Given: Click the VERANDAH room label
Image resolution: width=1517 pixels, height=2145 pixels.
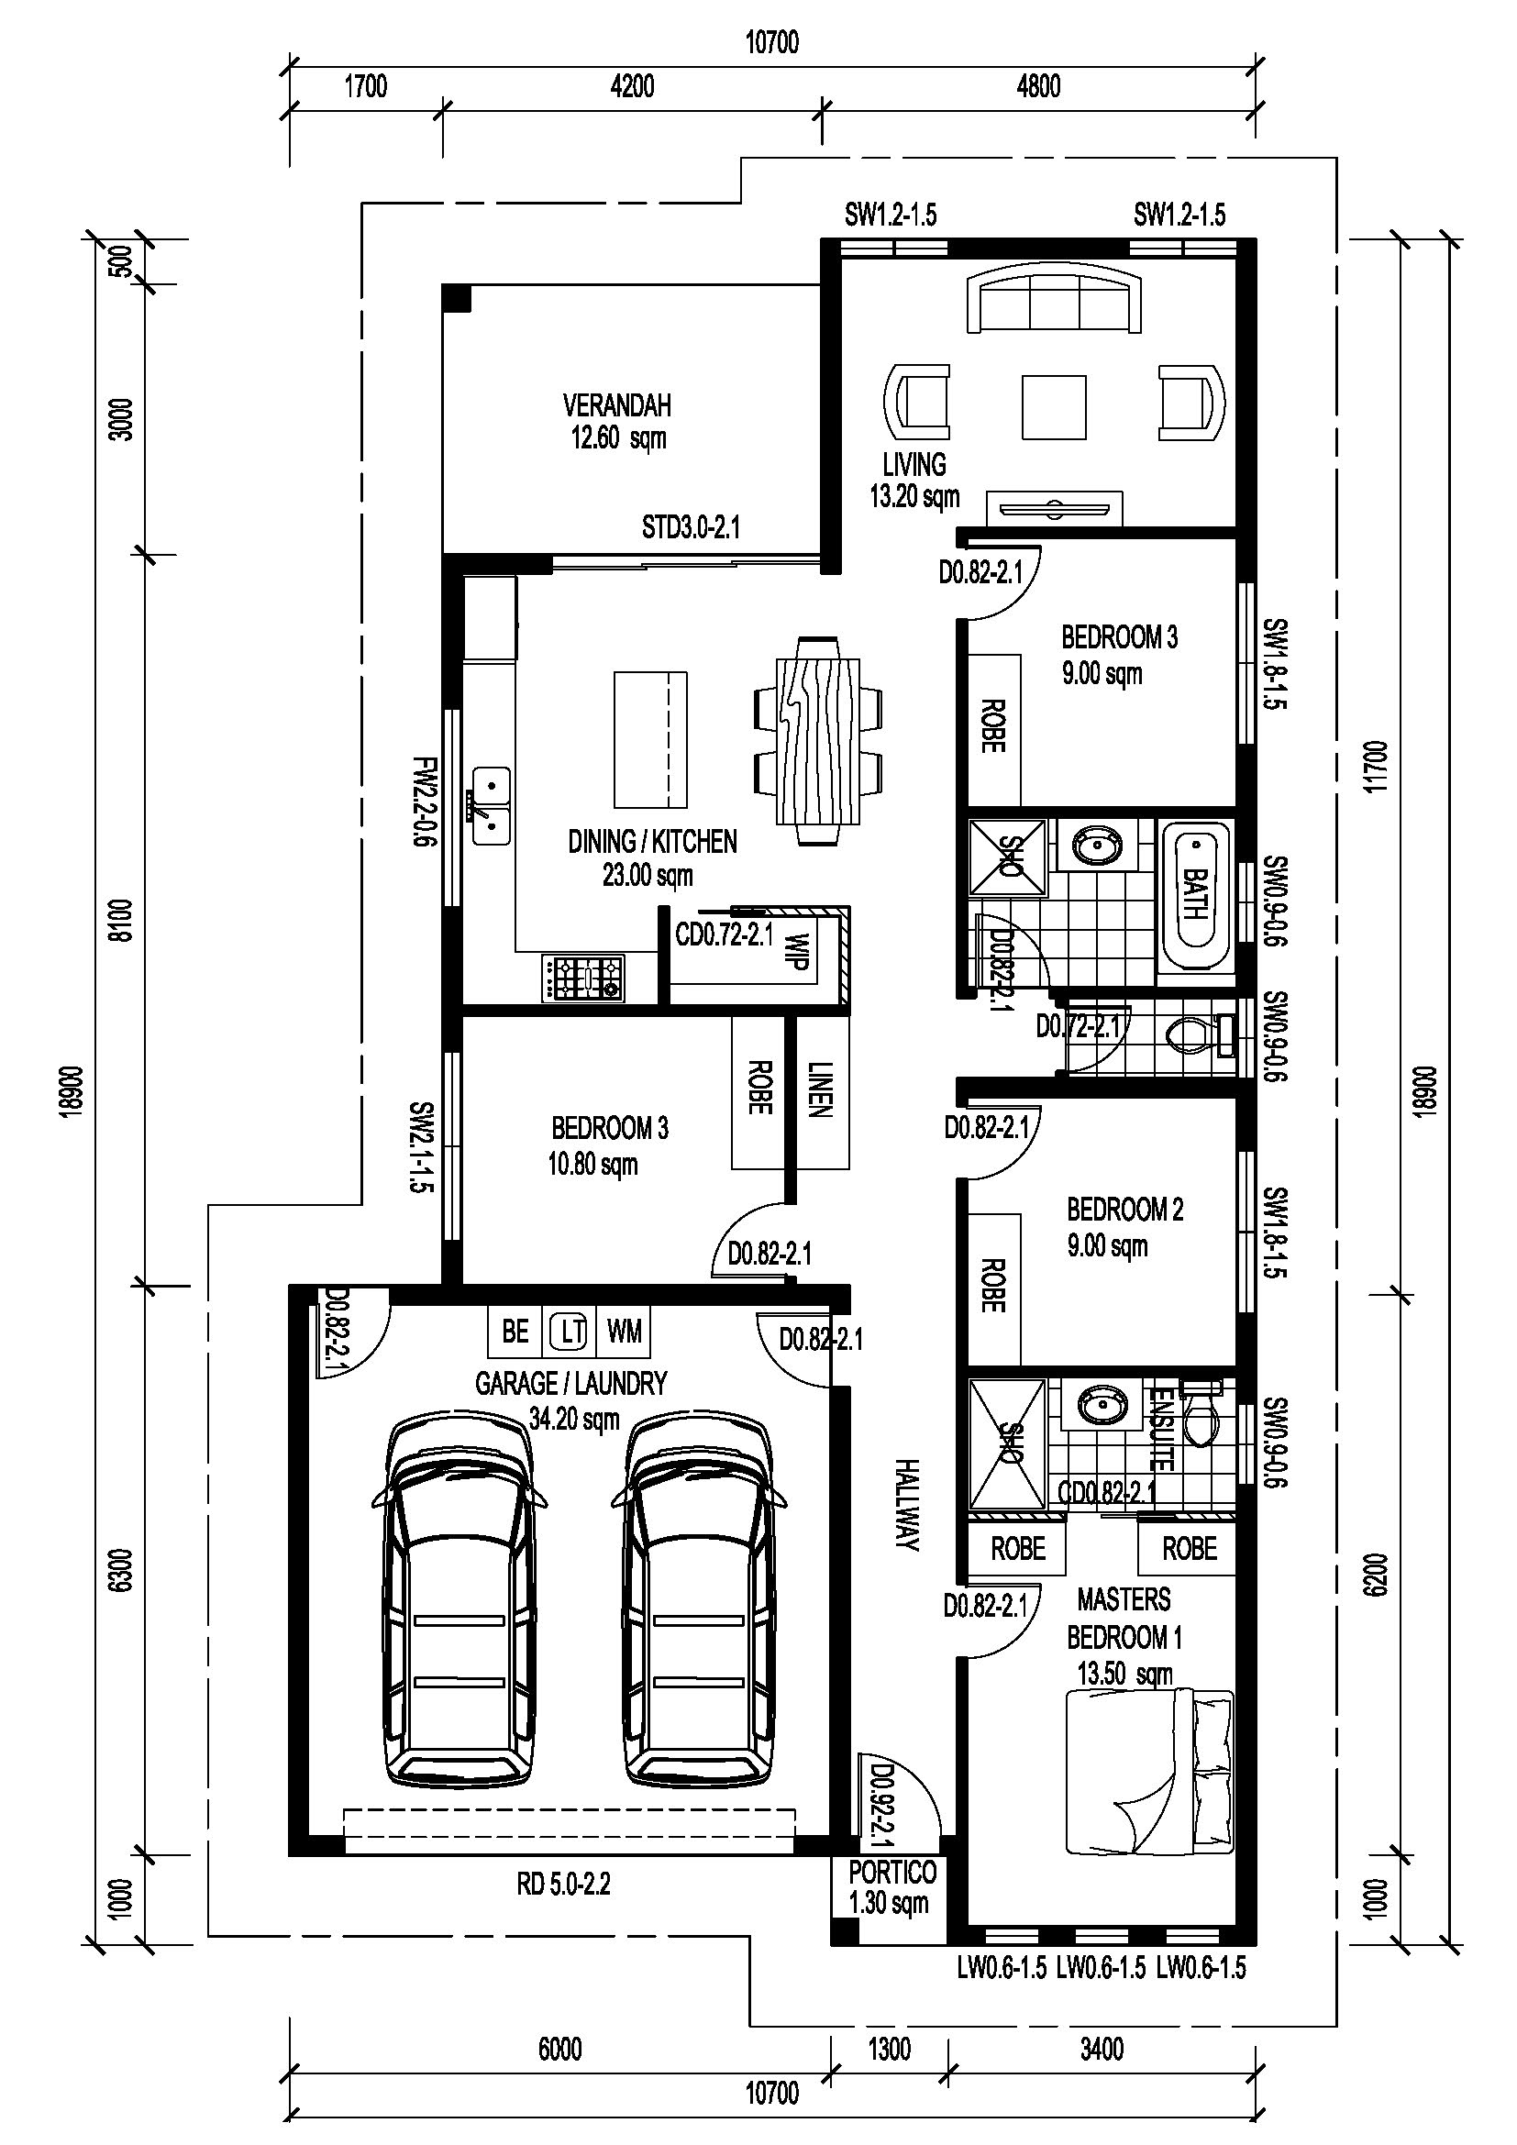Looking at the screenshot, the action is pos(616,405).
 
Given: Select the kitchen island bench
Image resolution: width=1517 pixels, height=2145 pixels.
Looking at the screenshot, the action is pos(650,739).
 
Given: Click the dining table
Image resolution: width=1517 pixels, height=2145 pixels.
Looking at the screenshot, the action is pos(817,741).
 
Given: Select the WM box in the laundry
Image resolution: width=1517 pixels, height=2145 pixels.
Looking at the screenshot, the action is pos(624,1332).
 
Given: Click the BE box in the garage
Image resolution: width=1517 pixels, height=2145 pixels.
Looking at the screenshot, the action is pos(515,1332).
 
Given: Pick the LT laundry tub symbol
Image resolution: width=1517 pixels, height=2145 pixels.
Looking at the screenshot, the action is pos(568,1332).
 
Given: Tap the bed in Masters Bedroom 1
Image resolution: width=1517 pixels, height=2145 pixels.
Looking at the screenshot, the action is pos(1150,1772).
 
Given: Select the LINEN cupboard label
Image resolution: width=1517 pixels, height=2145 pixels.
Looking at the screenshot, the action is pos(819,1089).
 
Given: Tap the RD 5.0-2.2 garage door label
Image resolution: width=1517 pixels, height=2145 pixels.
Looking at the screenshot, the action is pos(563,1885).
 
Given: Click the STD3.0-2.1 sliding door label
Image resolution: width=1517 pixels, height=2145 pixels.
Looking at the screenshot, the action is pos(691,528).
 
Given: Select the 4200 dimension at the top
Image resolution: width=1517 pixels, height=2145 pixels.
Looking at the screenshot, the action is pos(633,86).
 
